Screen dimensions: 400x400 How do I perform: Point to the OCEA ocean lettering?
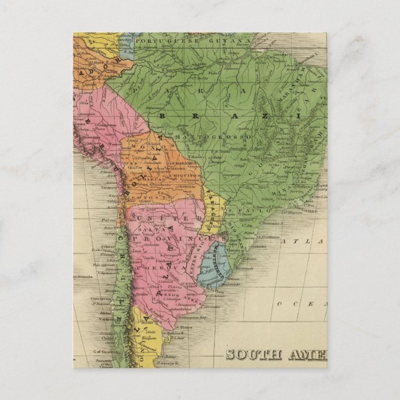tap(302, 303)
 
